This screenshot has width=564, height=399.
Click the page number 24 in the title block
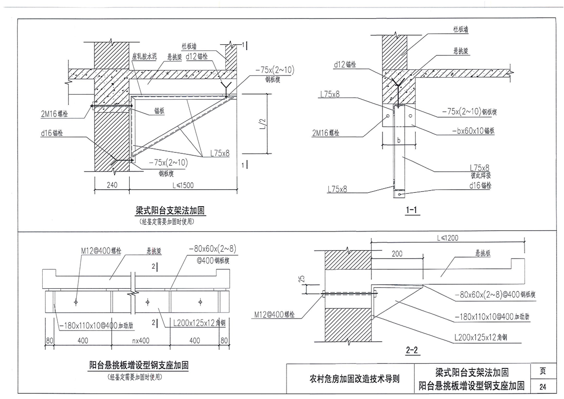point(542,386)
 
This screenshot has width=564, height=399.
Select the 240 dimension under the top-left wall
point(112,185)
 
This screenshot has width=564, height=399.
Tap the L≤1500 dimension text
point(182,185)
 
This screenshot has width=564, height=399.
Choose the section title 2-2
point(412,351)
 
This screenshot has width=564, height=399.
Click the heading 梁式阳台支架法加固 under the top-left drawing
point(171,212)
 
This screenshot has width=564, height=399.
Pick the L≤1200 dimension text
point(447,237)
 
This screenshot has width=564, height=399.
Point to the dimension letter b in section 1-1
point(398,141)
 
